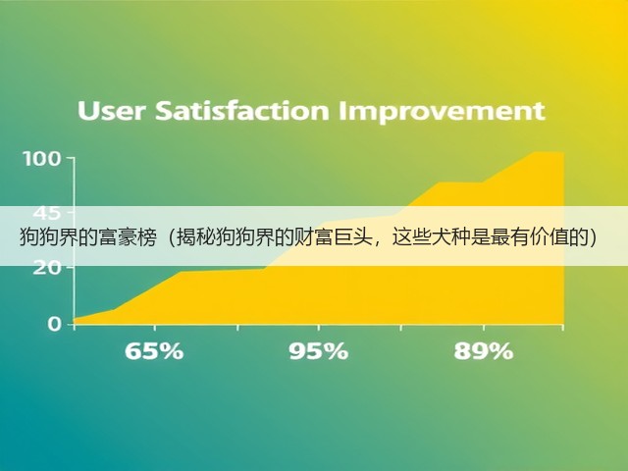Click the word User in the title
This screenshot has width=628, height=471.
click(x=111, y=111)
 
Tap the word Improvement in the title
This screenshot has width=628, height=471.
click(x=442, y=111)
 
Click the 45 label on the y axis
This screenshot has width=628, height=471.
click(x=47, y=213)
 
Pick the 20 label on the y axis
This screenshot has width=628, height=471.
click(x=47, y=268)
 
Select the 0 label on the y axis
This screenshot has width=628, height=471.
click(x=55, y=323)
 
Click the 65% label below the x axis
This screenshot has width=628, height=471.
click(x=154, y=351)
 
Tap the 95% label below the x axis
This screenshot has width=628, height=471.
click(x=319, y=351)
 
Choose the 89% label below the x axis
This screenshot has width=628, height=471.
click(x=484, y=351)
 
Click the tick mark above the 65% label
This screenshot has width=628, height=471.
click(x=155, y=327)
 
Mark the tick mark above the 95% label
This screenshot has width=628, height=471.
click(x=319, y=327)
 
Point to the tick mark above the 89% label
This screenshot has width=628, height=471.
click(x=484, y=327)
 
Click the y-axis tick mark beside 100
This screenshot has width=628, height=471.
click(x=70, y=158)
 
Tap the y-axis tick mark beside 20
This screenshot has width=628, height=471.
click(x=70, y=267)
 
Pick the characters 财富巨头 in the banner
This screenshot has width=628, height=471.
click(x=329, y=237)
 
